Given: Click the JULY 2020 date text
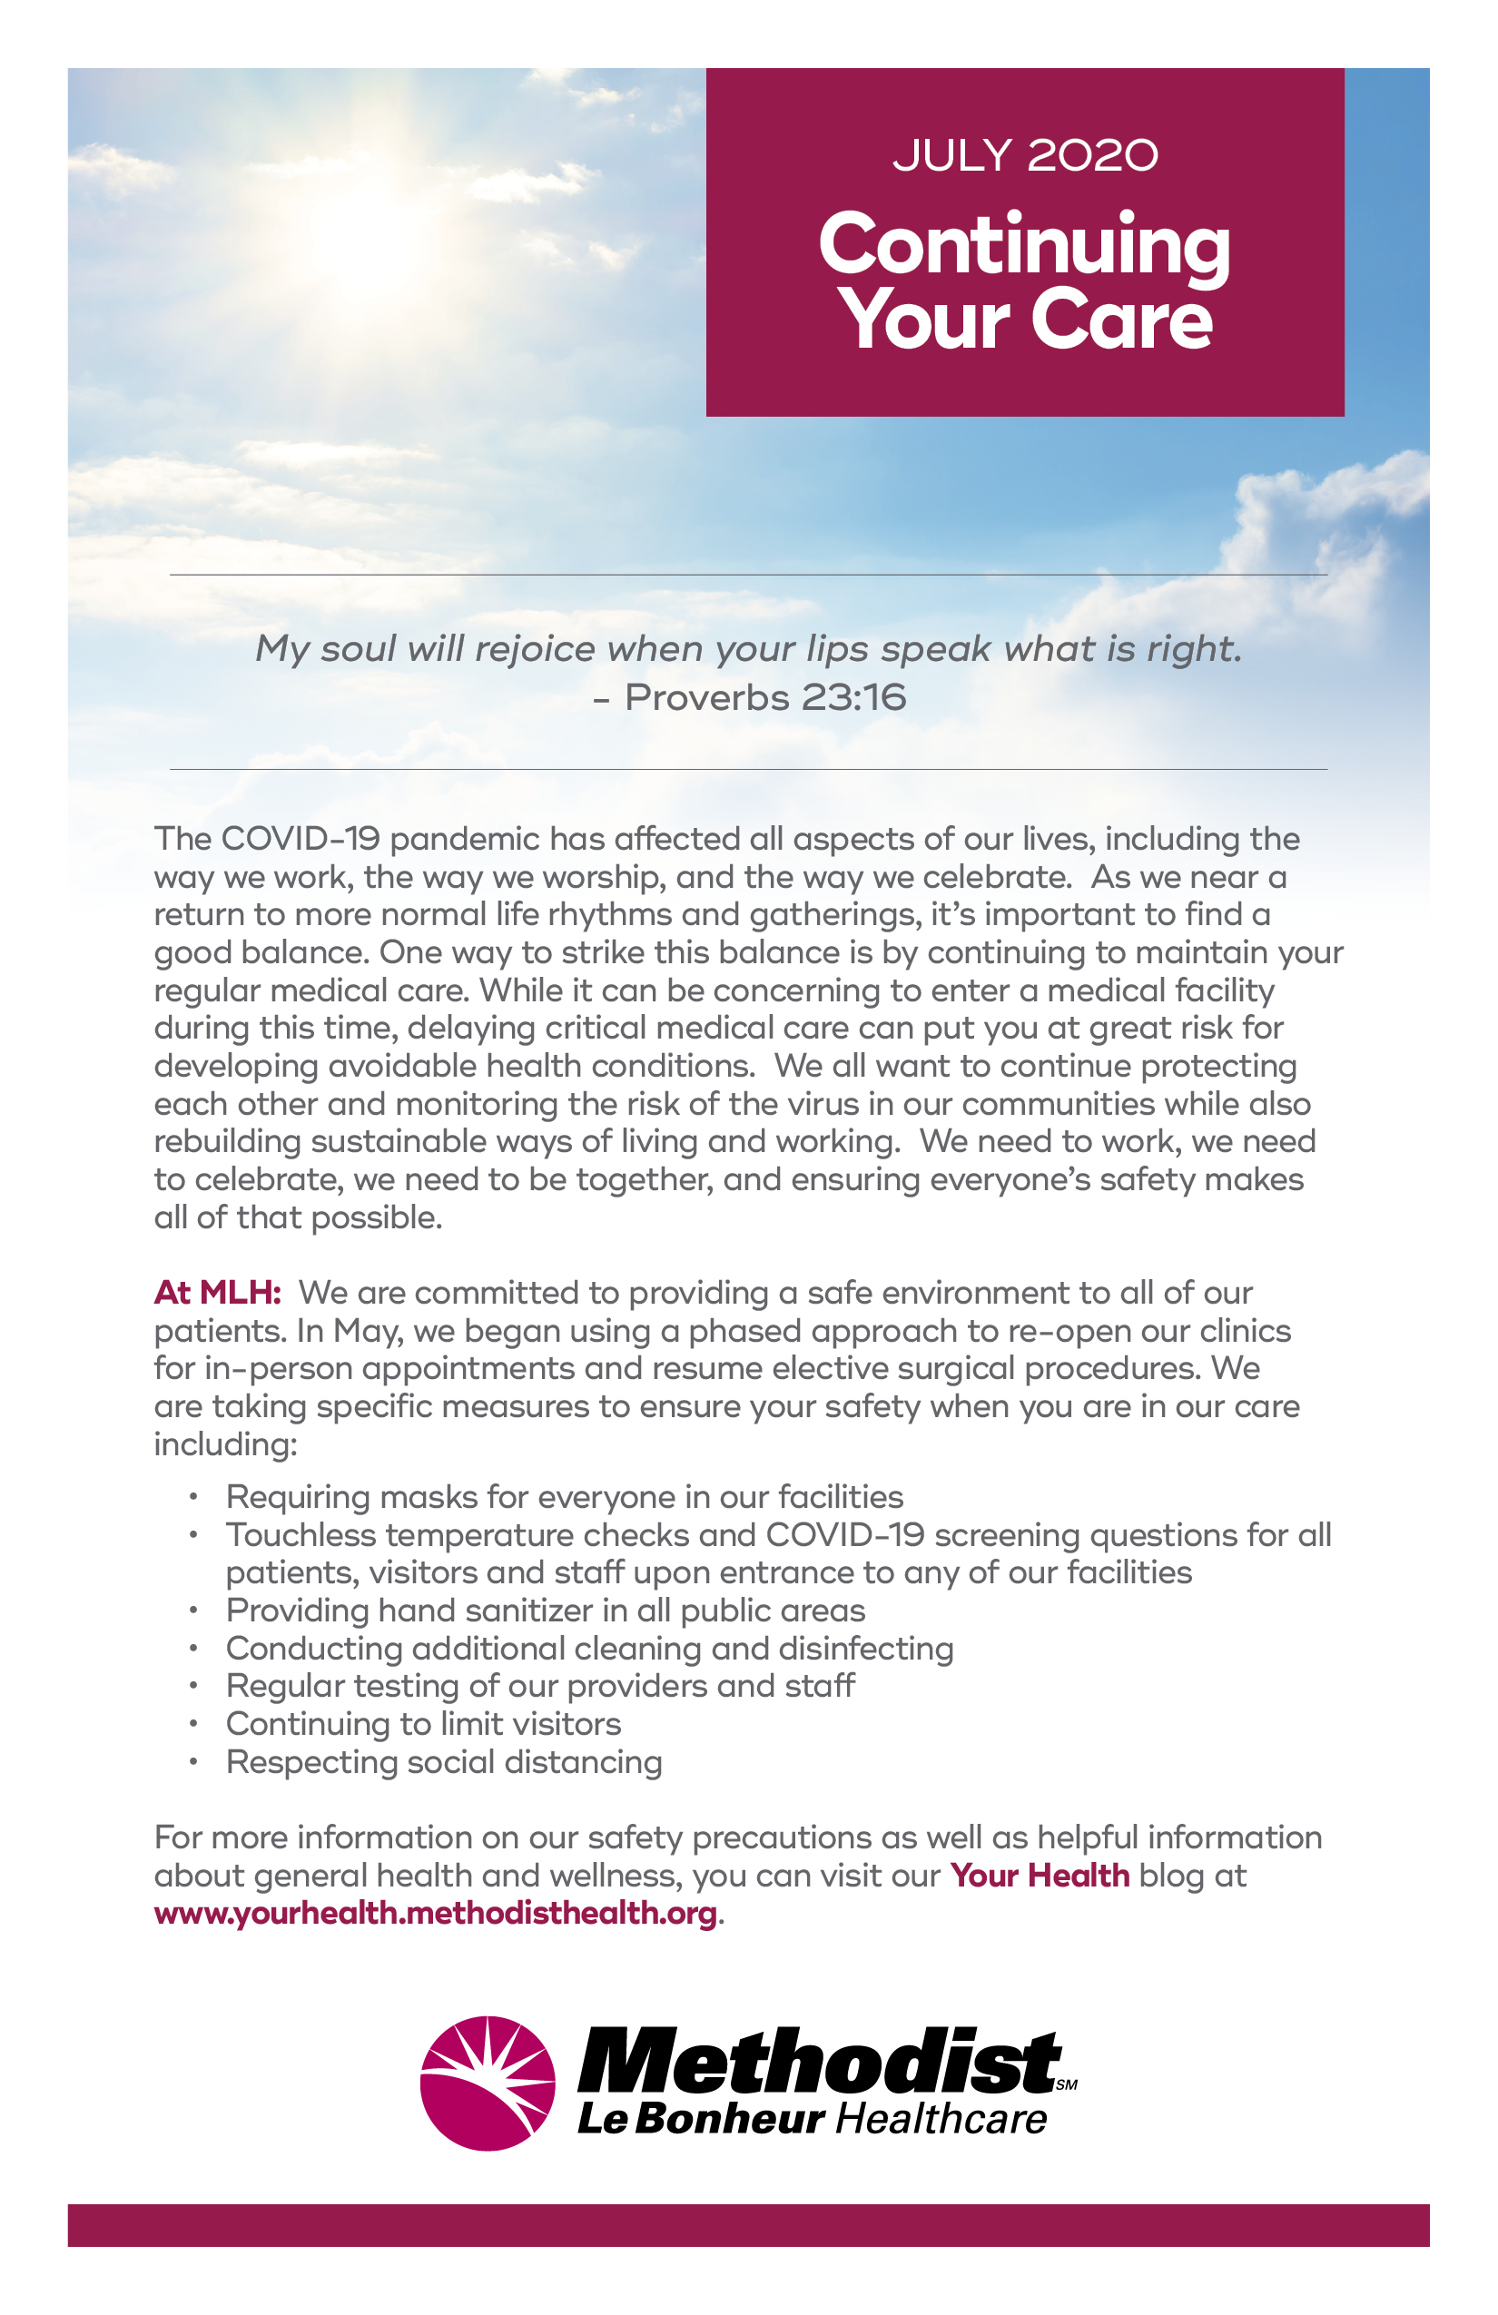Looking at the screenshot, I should click(x=1025, y=155).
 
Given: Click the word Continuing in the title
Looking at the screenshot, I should click(x=1024, y=245).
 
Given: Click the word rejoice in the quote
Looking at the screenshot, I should click(x=534, y=649).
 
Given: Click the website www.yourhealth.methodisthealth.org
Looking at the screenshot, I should click(x=436, y=1914).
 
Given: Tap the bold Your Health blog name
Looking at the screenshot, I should click(x=1040, y=1876).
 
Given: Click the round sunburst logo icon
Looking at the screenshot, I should click(x=488, y=2083).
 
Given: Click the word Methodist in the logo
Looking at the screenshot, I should click(x=819, y=2062).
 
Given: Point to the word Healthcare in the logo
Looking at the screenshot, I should click(x=941, y=2119).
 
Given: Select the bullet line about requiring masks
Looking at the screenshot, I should click(x=564, y=1496).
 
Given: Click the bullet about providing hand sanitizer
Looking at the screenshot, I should click(x=545, y=1610).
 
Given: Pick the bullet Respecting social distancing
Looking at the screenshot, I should click(x=444, y=1761).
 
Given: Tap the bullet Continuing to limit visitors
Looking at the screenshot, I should click(x=423, y=1724).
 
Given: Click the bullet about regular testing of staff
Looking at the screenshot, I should click(x=540, y=1686).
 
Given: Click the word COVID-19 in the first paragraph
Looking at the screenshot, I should click(x=300, y=839).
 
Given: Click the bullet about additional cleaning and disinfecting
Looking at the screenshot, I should click(x=589, y=1648).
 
